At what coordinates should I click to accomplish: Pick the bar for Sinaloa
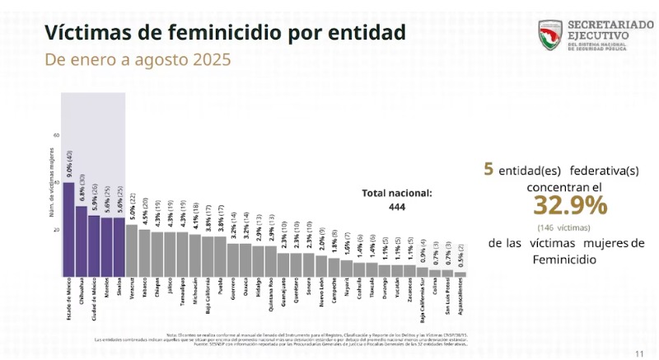[x=119, y=246]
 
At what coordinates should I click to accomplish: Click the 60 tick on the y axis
[x=56, y=135]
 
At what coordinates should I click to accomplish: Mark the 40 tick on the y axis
[x=56, y=182]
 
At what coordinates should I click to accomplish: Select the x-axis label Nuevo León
[x=320, y=297]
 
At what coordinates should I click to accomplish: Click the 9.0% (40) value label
[x=69, y=165]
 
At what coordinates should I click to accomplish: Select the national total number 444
[x=397, y=208]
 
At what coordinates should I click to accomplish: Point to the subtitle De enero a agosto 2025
[x=138, y=60]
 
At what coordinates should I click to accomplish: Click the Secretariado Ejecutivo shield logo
[x=551, y=35]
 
